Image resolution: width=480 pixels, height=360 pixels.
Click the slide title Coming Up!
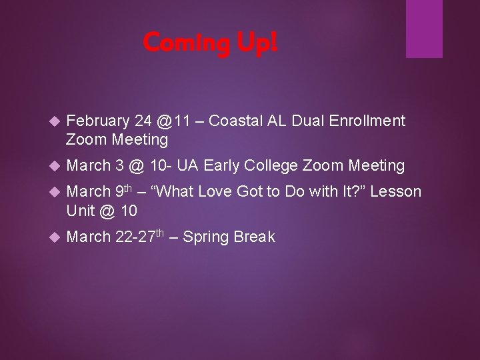(x=210, y=43)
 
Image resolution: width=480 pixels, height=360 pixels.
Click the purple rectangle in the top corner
(x=424, y=29)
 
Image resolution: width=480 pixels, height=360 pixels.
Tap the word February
(x=98, y=121)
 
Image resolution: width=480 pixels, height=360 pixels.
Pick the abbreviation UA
(x=188, y=165)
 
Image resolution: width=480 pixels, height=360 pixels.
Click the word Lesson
(x=395, y=192)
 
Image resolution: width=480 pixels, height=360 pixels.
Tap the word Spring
(x=205, y=237)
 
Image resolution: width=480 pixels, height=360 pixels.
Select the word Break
(x=253, y=237)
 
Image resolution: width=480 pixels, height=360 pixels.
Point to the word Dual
(x=307, y=121)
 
